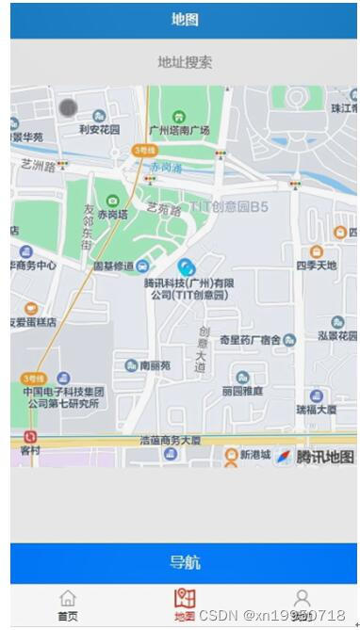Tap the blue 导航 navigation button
tap(185, 562)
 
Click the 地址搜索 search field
tap(185, 62)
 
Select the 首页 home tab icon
tap(68, 599)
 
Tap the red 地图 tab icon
tap(185, 599)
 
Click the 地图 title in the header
tap(185, 19)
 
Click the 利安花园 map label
tap(99, 130)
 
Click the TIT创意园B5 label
tap(228, 205)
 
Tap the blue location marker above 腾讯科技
tap(188, 268)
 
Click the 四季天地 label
tap(316, 267)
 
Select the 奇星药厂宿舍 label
tap(250, 339)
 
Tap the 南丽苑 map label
tap(155, 364)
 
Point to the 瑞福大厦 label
tap(316, 410)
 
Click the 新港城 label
tap(254, 455)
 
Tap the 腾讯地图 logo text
tap(325, 457)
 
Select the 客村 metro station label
tap(31, 451)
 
